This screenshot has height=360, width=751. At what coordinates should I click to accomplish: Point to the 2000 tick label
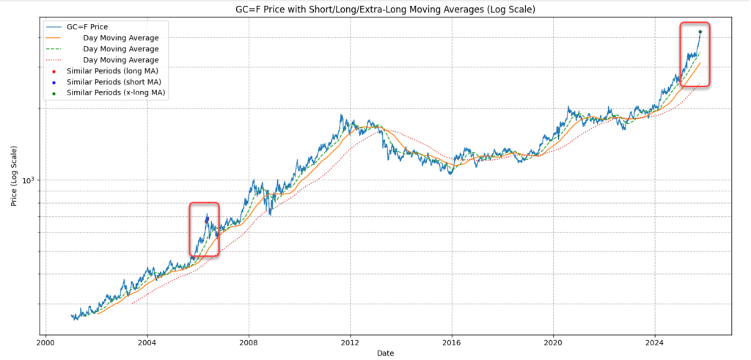click(45, 342)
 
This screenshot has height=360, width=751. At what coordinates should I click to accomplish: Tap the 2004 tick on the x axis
click(147, 342)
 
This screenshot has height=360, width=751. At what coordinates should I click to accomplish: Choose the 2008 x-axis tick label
click(249, 342)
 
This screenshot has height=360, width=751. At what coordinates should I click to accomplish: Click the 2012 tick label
click(350, 342)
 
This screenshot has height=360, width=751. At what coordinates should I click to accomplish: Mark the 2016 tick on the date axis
click(452, 342)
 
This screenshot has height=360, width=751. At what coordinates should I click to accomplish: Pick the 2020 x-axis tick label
click(554, 342)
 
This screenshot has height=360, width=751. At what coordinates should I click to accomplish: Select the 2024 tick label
click(655, 342)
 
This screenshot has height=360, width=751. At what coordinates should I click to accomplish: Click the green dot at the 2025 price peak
click(700, 32)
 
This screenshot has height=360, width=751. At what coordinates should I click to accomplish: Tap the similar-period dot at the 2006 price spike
click(207, 219)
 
